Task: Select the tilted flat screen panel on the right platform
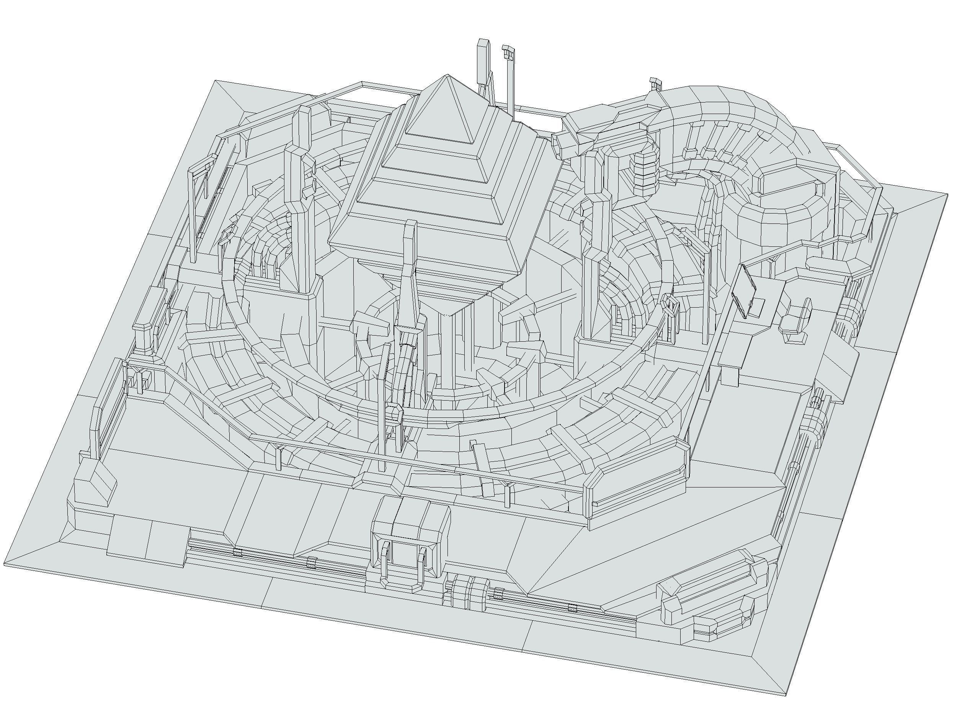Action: [x=744, y=291]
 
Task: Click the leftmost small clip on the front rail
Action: [x=236, y=553]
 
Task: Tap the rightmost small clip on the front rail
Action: [x=573, y=608]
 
